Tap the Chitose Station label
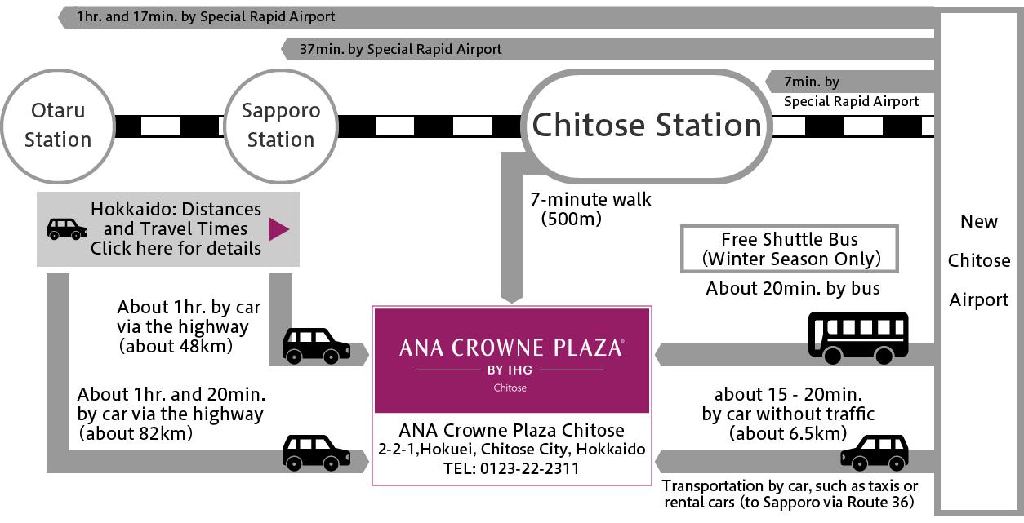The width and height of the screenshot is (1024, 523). pos(647,125)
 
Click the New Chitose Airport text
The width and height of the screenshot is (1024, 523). pos(978,261)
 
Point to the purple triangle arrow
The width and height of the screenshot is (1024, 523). pos(278,229)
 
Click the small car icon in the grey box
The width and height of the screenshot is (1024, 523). pos(67,228)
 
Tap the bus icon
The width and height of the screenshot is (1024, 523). pos(857,337)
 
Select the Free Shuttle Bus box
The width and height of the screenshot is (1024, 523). pos(789,249)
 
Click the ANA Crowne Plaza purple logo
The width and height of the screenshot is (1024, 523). pos(511,359)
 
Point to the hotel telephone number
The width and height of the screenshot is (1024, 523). pos(511,468)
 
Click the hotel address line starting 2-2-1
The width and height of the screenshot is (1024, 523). pos(511,450)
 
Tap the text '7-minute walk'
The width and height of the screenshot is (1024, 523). pos(591,200)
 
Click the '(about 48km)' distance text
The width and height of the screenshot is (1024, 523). pos(176,346)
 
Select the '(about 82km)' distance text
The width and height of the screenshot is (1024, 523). pos(136,433)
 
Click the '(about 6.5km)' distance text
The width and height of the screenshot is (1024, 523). pos(787,433)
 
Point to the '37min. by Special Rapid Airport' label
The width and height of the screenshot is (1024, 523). pos(400,49)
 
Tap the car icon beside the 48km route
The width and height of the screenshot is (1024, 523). pos(316,345)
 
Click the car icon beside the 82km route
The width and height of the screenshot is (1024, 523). pos(316,452)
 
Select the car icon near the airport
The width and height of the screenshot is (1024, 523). pos(875,452)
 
